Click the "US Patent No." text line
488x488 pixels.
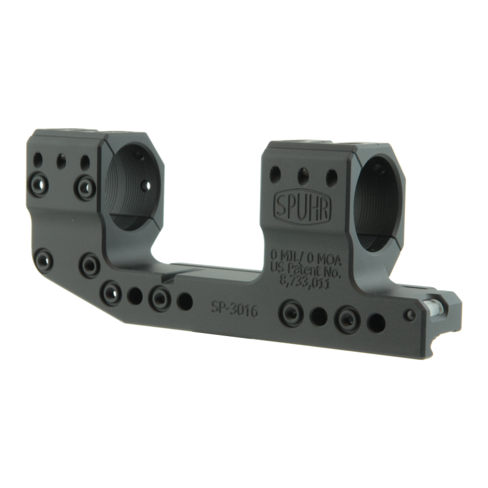tap(304, 270)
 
